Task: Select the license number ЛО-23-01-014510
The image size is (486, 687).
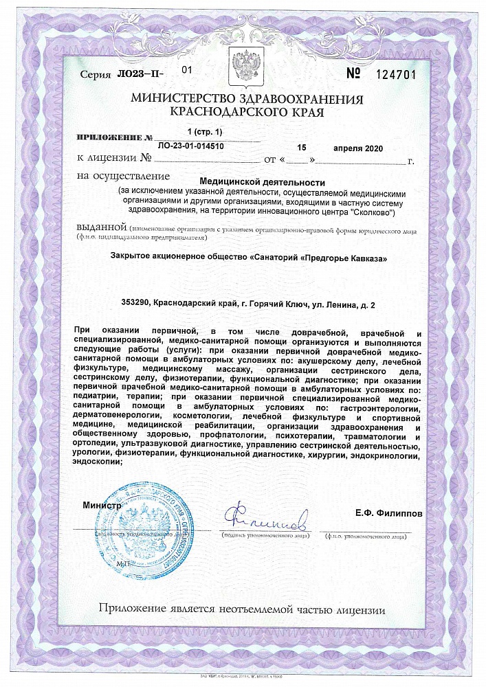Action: [190, 146]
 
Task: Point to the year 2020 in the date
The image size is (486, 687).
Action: [370, 148]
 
